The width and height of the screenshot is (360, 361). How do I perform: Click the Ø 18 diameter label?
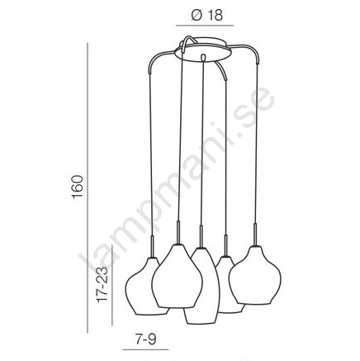point(207,15)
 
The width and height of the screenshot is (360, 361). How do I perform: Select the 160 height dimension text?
point(78,187)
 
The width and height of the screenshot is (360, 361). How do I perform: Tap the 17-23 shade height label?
point(102,284)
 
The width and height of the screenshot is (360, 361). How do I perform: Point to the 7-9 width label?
point(145,340)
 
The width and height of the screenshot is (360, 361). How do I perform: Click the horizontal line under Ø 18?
point(205,26)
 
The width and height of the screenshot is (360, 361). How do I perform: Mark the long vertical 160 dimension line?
point(88,188)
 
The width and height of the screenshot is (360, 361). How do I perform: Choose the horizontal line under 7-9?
point(145,349)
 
